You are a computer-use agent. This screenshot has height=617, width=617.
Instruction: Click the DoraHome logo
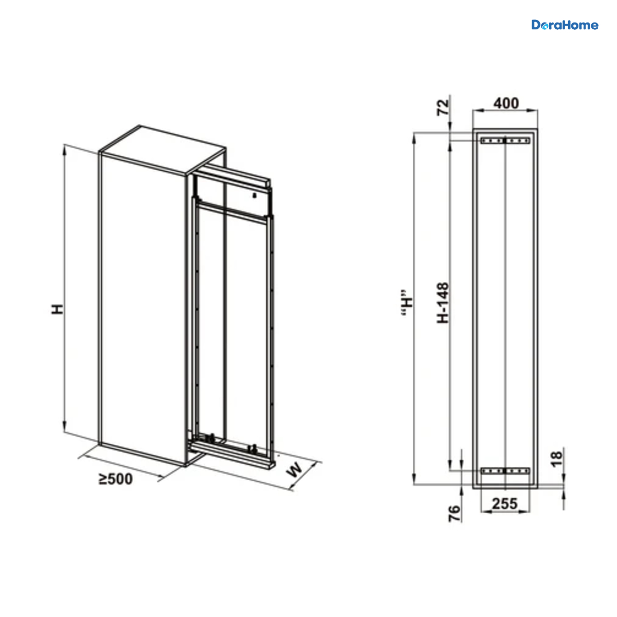[565, 25]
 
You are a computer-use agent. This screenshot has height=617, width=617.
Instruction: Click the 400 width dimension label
[505, 103]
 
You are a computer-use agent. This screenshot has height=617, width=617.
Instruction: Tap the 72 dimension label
[443, 107]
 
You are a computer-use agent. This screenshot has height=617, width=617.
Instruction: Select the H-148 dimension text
[443, 302]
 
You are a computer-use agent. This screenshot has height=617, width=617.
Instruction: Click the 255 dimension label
[504, 504]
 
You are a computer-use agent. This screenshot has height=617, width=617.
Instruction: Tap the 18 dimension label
[557, 459]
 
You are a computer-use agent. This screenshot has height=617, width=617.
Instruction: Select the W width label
[295, 469]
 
